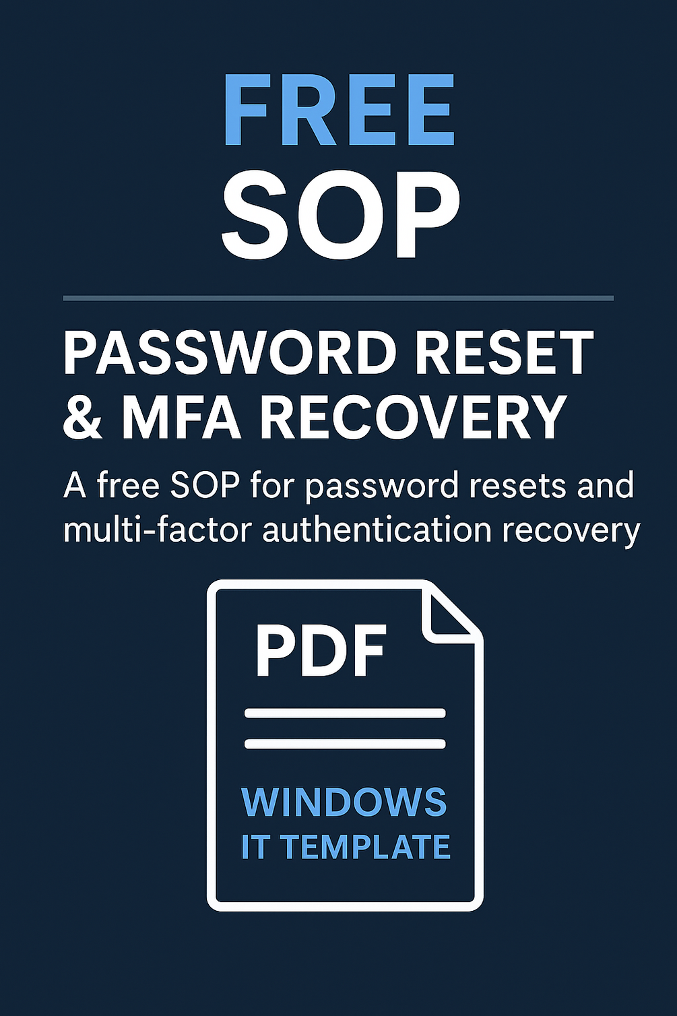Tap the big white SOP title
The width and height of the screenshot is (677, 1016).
pos(340,214)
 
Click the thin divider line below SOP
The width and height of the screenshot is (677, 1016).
pos(338,297)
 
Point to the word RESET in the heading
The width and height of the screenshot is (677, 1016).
pos(504,353)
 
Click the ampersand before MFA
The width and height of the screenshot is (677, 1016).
pos(82,417)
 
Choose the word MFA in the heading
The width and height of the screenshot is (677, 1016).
pos(181,417)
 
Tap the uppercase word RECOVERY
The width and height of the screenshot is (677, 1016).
pos(413,417)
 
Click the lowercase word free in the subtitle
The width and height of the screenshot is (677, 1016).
pos(128,485)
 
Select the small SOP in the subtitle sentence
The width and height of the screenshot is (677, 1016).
pos(205,485)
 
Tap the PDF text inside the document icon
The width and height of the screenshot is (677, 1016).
pos(320,652)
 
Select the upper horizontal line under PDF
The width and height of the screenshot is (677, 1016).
pos(345,713)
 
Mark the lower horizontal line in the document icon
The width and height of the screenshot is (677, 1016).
pos(345,744)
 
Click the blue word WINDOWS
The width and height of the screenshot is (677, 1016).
pos(344,802)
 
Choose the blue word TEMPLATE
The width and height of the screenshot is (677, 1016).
pos(365,847)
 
